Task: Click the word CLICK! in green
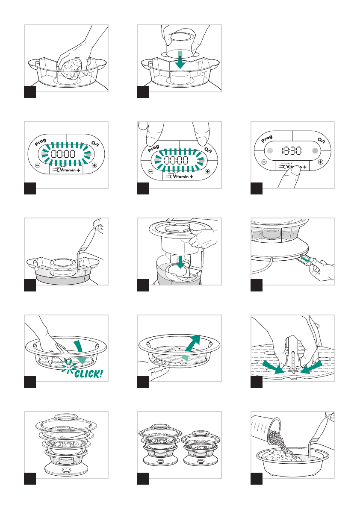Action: pos(89,374)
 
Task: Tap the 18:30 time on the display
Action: pos(291,150)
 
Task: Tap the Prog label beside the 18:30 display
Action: pos(267,139)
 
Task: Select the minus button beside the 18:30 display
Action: pos(264,162)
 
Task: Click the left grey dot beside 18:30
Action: pos(270,151)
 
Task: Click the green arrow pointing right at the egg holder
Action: pos(273,367)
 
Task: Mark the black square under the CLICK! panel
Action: pos(30,382)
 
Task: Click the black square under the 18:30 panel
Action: pos(257,188)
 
